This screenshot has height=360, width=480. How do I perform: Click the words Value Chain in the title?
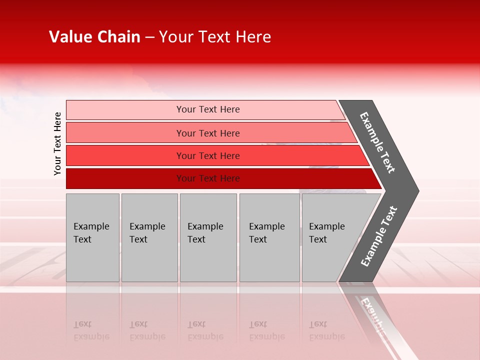94,37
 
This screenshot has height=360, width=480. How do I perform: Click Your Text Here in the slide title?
215,37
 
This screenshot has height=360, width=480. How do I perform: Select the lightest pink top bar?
125,109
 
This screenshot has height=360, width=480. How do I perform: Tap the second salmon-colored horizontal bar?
125,133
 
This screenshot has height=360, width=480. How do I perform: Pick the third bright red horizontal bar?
125,155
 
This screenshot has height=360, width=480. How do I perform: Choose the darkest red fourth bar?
125,178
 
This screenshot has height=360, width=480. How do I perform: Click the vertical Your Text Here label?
57,143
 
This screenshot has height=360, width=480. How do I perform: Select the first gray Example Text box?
92,237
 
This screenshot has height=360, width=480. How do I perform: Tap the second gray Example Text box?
149,237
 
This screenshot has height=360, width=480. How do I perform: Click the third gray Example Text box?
208,237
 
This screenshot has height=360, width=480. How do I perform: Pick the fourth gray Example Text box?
269,237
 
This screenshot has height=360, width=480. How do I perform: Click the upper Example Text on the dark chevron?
377,142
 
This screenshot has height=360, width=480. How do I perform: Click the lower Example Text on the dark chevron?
379,236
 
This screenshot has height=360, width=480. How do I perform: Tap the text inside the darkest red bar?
208,178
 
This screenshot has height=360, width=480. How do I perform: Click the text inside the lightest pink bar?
208,109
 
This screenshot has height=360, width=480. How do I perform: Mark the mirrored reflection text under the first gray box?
91,331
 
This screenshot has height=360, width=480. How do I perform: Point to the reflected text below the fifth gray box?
326,331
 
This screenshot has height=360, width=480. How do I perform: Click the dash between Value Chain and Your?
149,37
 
